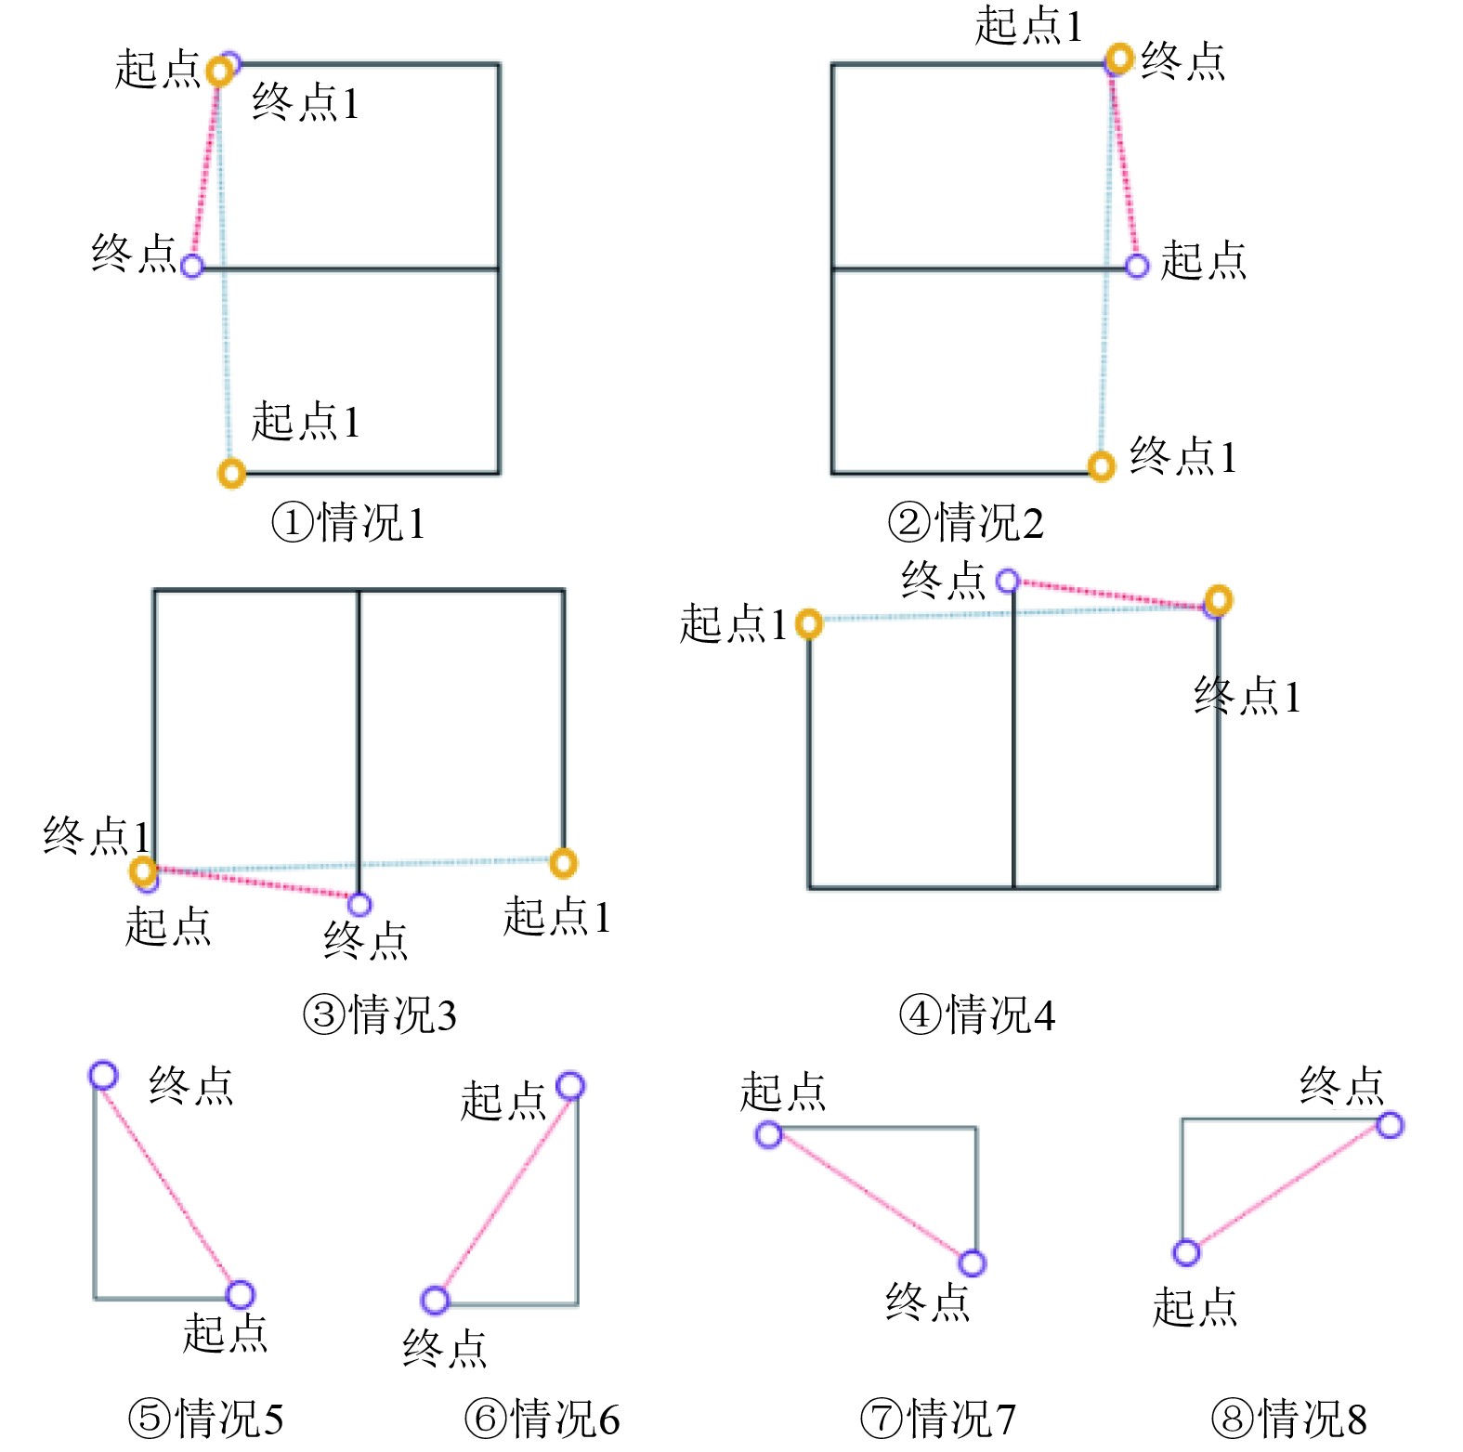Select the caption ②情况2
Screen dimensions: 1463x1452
click(966, 522)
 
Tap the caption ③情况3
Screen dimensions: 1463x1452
click(380, 1014)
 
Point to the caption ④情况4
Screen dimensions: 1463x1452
click(977, 1014)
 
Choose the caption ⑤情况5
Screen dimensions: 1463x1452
click(205, 1419)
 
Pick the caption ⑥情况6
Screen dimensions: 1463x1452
click(542, 1419)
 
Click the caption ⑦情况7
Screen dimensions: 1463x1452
click(938, 1419)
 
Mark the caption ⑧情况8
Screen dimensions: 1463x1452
click(1289, 1419)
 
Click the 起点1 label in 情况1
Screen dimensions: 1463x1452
click(306, 421)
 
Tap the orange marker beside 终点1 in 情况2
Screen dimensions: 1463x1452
click(1101, 465)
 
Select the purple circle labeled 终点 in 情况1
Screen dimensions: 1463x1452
click(192, 266)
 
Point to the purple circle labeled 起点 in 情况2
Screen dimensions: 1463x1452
click(1137, 267)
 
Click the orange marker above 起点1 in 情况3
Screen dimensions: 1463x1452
click(563, 863)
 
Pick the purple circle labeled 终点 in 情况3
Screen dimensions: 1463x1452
click(359, 904)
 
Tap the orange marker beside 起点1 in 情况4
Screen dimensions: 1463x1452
click(809, 623)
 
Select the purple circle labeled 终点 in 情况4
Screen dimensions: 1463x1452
click(1008, 582)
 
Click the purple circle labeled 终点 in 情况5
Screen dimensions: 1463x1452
click(103, 1075)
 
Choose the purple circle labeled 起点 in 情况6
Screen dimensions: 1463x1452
click(570, 1086)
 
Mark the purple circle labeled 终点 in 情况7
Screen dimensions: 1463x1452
click(972, 1262)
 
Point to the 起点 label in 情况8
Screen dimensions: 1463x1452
click(1195, 1307)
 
